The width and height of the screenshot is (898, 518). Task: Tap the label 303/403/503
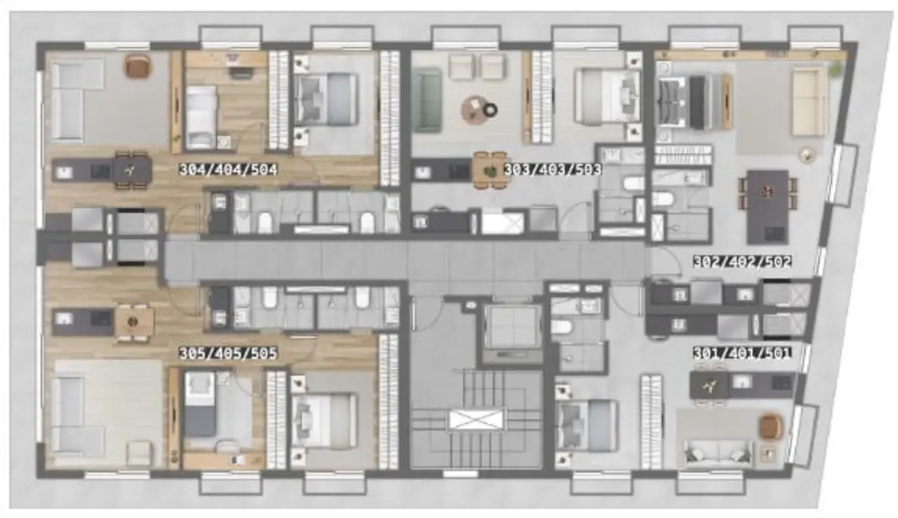[x=552, y=170]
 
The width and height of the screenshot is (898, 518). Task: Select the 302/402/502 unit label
[x=742, y=261]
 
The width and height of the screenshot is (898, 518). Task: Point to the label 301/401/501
[x=742, y=353]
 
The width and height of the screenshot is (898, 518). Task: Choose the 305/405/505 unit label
[x=227, y=353]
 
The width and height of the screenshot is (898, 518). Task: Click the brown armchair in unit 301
[x=770, y=427]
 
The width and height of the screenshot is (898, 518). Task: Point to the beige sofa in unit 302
[x=808, y=101]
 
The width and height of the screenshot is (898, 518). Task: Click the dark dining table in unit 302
[x=767, y=206]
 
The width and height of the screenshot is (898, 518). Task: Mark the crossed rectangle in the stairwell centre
[x=476, y=418]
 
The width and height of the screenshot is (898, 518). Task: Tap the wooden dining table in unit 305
[x=135, y=321]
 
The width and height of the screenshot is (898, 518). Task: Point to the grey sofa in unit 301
[x=715, y=453]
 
